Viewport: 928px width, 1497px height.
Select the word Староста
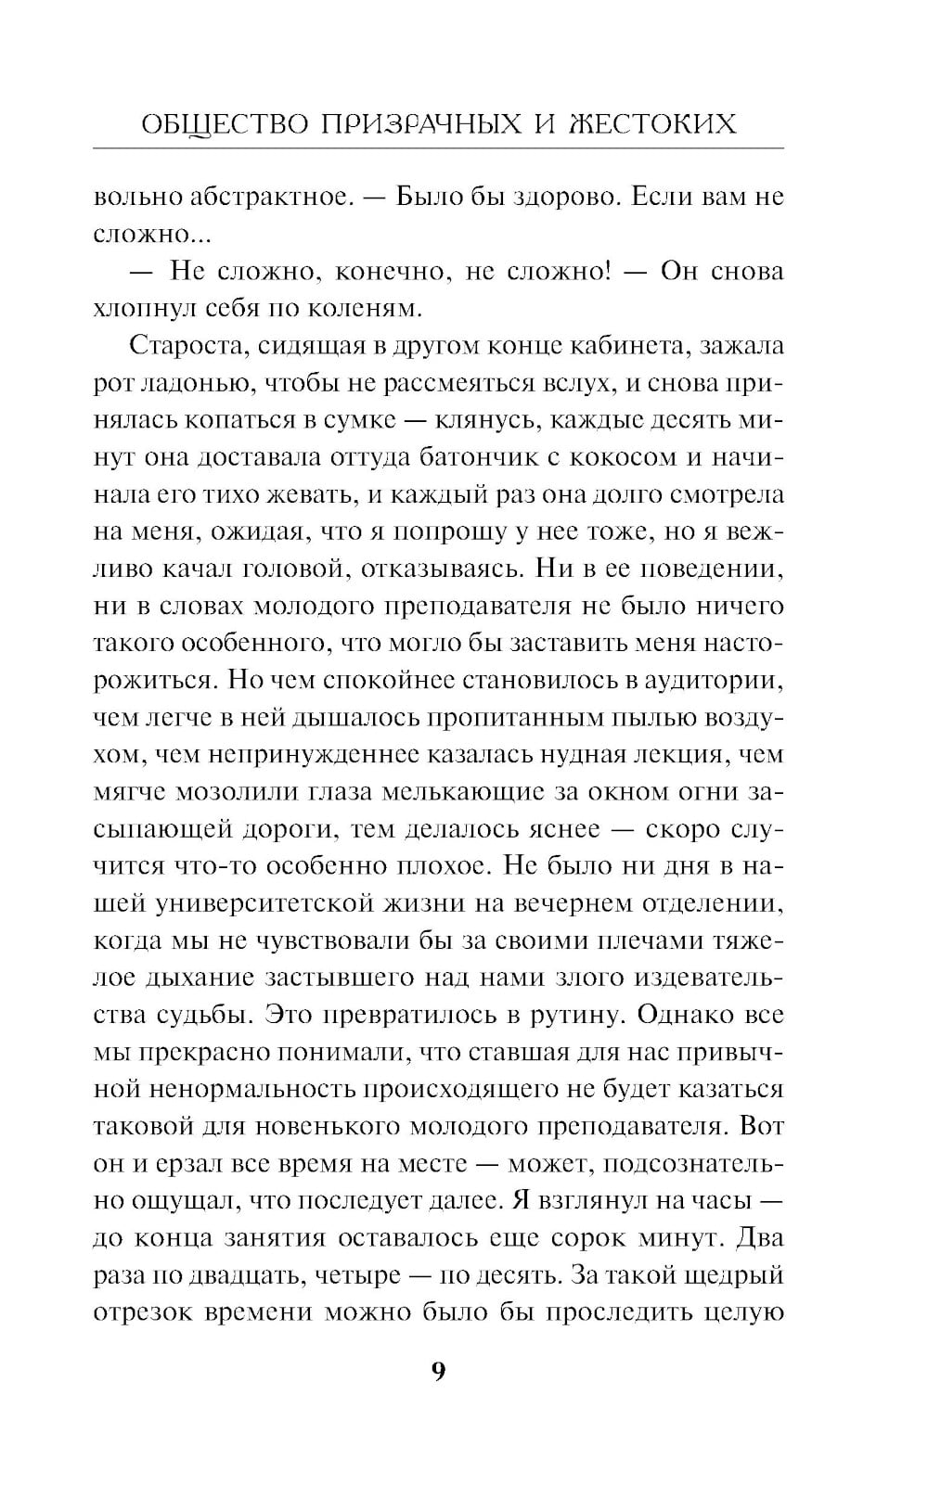pyautogui.click(x=184, y=345)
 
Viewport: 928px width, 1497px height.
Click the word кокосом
pyautogui.click(x=666, y=456)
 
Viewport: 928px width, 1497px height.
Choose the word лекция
pyautogui.click(x=678, y=754)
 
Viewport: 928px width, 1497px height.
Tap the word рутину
pyautogui.click(x=568, y=1015)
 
